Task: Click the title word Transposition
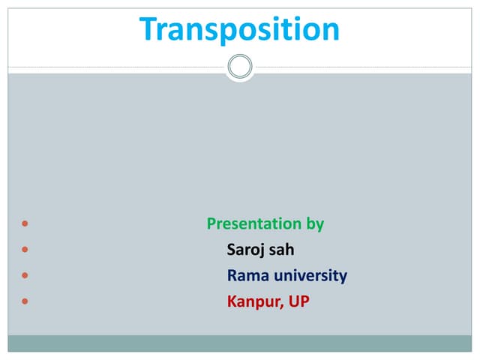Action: [239, 29]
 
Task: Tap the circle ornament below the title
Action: [240, 67]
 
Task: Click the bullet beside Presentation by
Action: [26, 224]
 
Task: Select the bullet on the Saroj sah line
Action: [26, 250]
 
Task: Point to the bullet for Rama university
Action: [26, 276]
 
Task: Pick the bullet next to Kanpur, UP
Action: [26, 302]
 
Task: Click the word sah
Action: [282, 250]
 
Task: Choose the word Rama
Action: [247, 275]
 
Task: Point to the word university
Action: [310, 275]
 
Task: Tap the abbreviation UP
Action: [299, 301]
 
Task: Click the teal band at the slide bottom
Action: [240, 343]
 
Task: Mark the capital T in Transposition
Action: [149, 29]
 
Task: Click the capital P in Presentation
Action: [211, 223]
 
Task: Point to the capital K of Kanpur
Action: [232, 301]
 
